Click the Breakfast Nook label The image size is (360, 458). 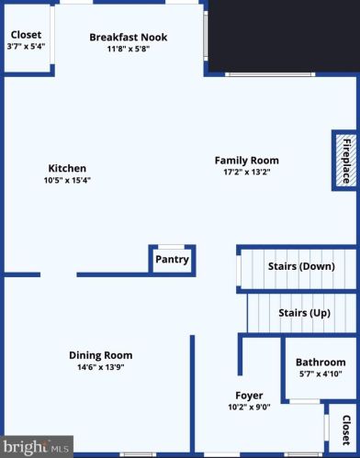pos(129,38)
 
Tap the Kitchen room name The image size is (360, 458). pos(67,168)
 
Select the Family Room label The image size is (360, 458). pos(247,161)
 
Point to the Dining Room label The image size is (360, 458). pos(101,355)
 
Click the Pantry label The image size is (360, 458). pos(172,260)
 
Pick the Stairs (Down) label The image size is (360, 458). pos(301,266)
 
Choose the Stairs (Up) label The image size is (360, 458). pos(305,313)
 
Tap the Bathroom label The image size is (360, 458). pos(321,363)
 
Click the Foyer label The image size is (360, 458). pos(249,396)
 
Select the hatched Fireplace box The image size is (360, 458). pos(346,161)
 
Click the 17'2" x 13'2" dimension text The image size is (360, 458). pos(247,172)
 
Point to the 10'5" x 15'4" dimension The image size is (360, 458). pos(67,180)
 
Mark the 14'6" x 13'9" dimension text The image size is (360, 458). pos(101,367)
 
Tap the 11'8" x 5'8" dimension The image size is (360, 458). pos(129,49)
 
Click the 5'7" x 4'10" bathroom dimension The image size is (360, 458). pos(321,374)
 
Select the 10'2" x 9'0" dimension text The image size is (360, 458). pos(249,408)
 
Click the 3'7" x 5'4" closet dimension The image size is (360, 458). pos(26,47)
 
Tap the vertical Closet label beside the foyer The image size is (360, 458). pos(346,430)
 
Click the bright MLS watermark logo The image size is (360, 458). pos(36,447)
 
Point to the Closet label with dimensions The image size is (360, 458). pos(26,35)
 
